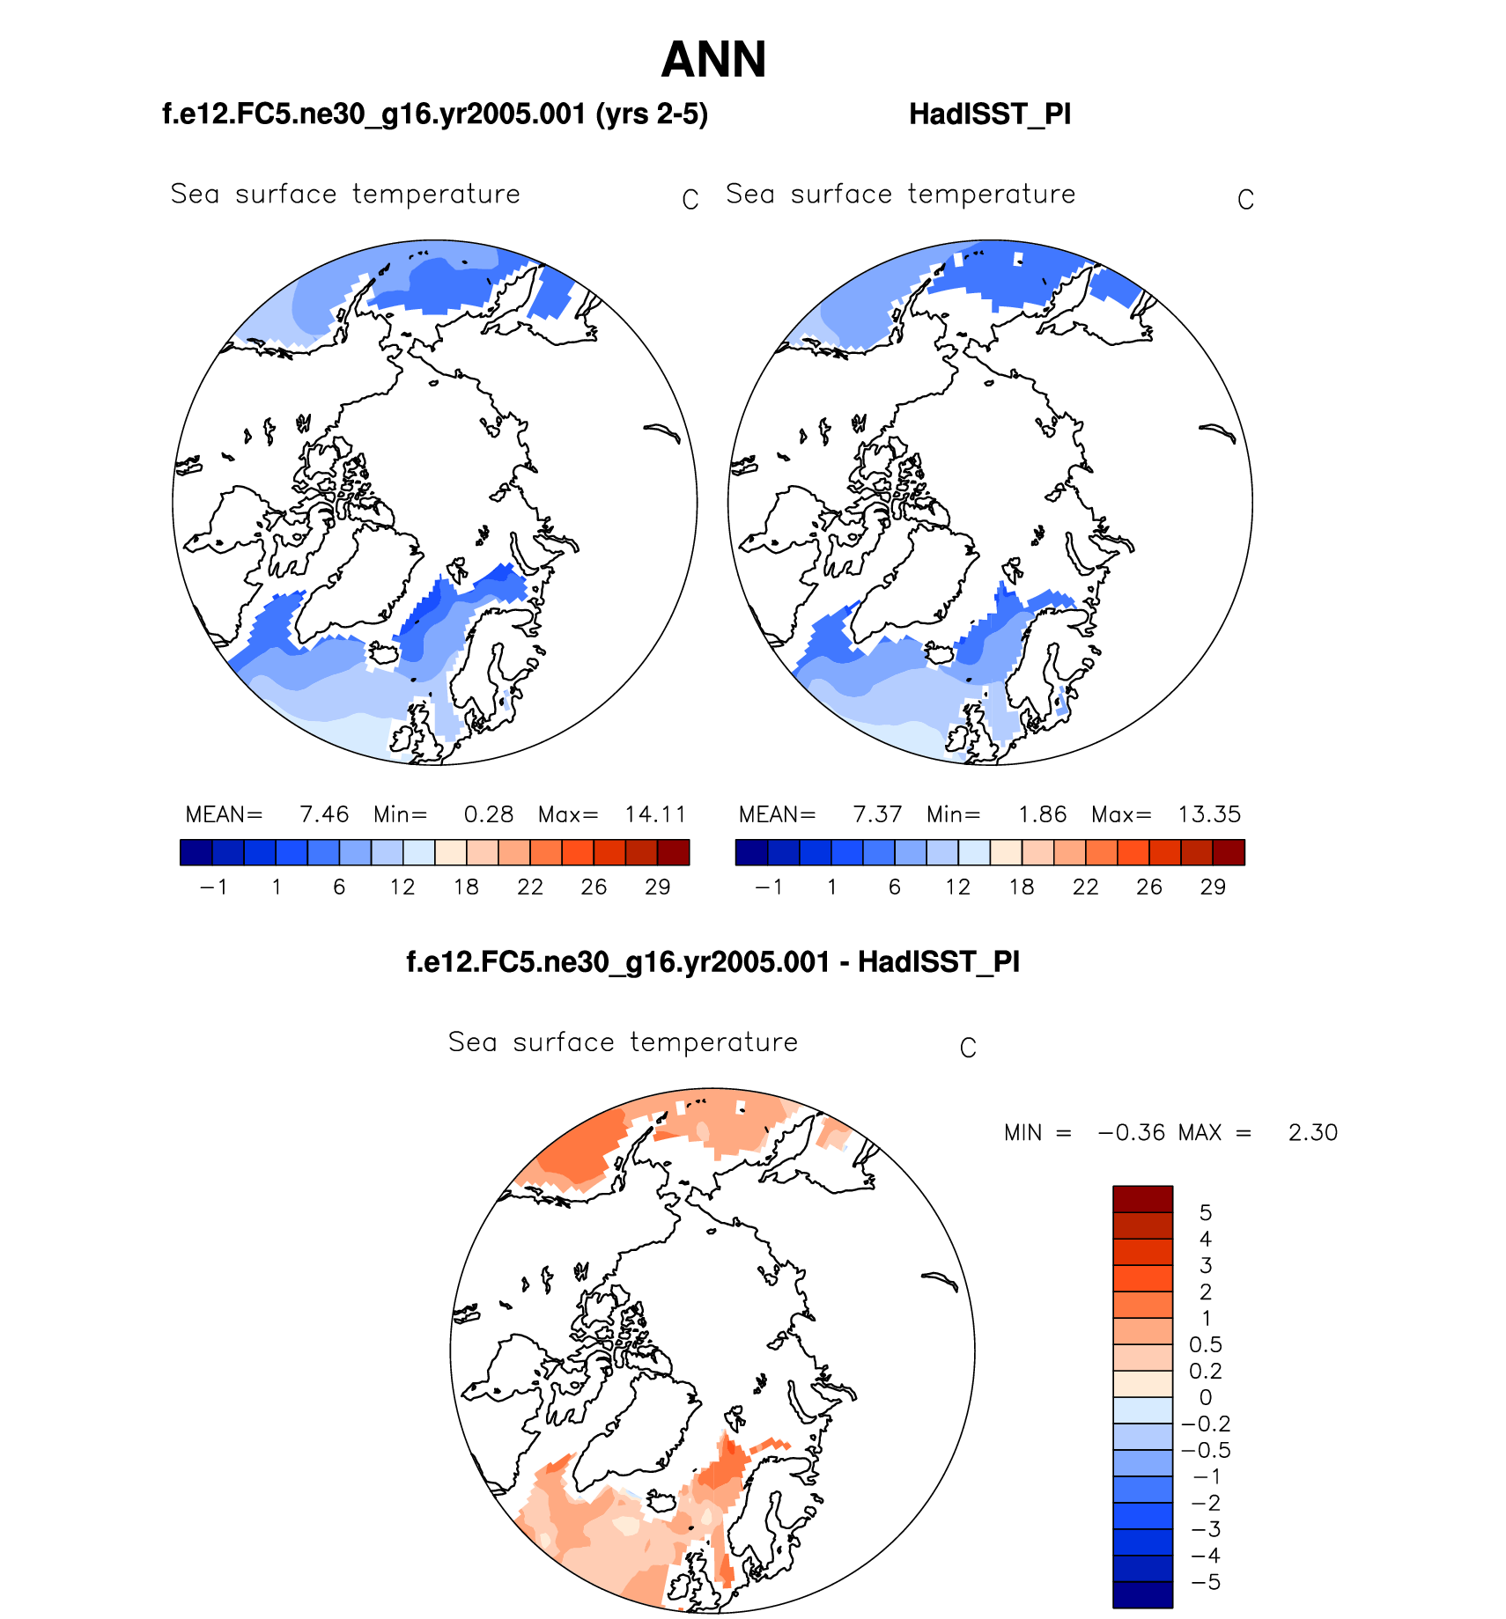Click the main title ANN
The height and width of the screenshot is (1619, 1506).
point(713,60)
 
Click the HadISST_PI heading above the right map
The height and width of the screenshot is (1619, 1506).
point(990,114)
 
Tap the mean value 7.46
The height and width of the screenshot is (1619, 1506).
point(324,814)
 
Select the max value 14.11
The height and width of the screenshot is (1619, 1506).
point(655,814)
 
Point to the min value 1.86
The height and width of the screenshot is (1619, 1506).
point(1042,814)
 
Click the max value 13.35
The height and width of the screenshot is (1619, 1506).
point(1209,814)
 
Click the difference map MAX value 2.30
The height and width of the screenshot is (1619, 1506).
point(1312,1132)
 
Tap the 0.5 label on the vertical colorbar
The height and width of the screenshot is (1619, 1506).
point(1205,1344)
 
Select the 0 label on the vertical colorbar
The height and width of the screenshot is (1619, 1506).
point(1205,1397)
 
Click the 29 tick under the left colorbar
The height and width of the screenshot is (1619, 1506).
point(657,887)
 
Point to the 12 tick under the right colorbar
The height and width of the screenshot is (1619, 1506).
point(957,887)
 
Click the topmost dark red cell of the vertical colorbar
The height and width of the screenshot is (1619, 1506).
point(1142,1199)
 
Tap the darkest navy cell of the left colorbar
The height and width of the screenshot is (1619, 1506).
point(196,852)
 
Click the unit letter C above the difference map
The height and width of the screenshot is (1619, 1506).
point(968,1049)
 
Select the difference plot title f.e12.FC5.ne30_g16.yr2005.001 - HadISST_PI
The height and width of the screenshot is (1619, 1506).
point(712,961)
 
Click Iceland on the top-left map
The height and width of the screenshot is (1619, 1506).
point(383,654)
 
